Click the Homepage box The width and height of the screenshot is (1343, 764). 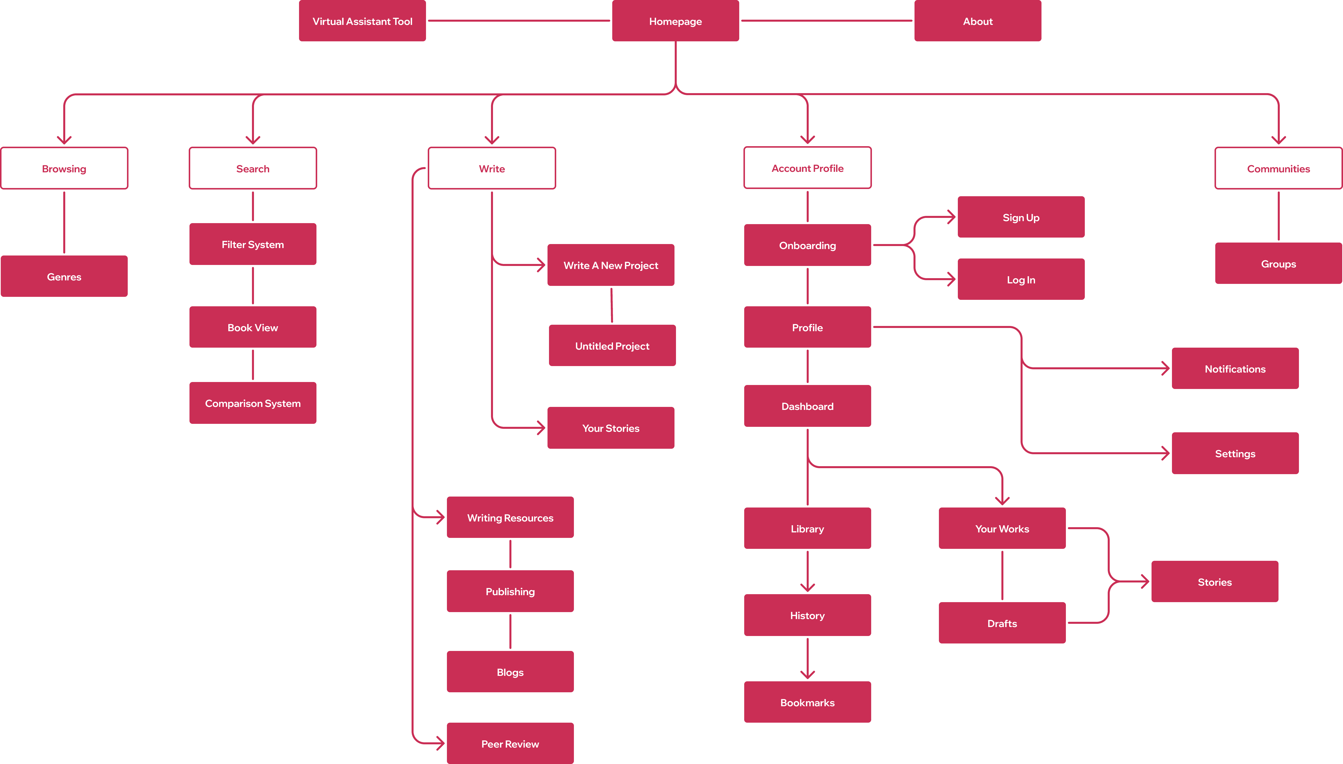[x=675, y=21]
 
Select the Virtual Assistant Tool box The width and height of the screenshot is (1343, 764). [x=362, y=21]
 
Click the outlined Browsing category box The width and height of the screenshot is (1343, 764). [x=64, y=168]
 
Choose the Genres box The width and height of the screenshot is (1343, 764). [x=64, y=276]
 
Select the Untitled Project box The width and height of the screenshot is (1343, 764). [x=612, y=346]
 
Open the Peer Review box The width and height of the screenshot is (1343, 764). [x=510, y=744]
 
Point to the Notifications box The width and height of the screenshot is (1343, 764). [x=1235, y=369]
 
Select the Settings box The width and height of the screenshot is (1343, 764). [x=1235, y=453]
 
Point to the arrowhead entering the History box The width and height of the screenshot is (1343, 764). [x=807, y=588]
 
